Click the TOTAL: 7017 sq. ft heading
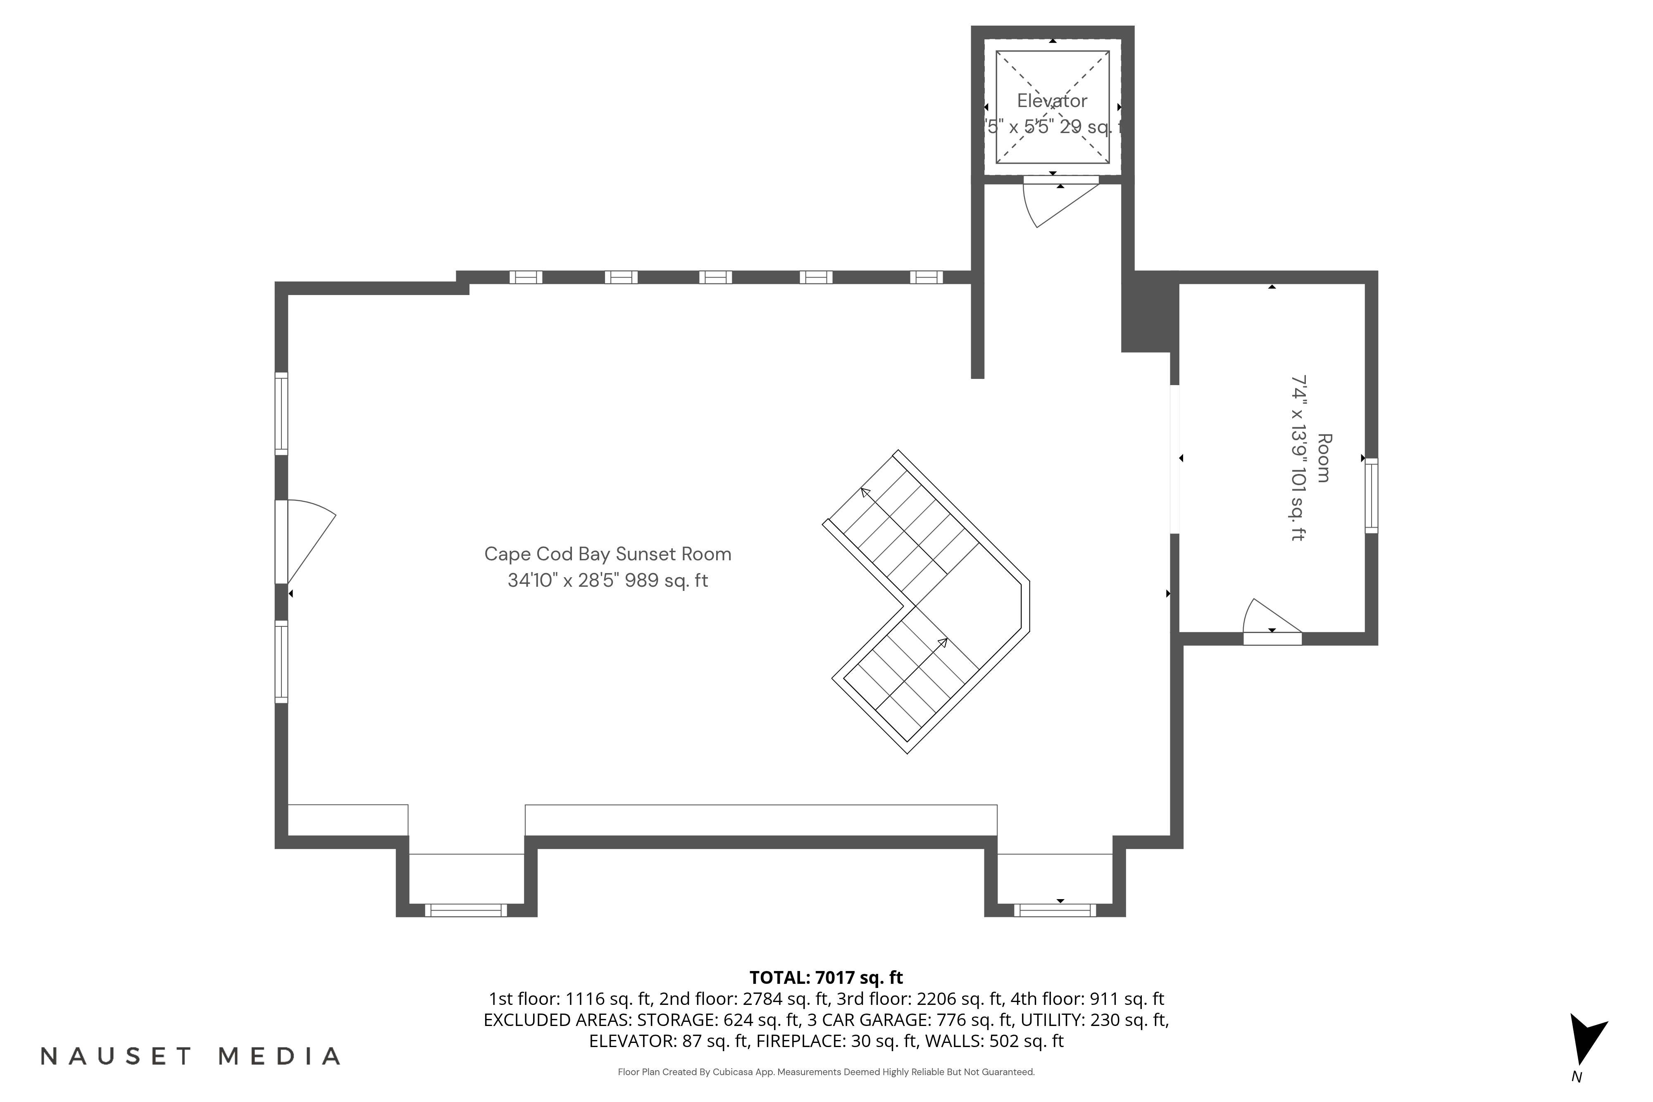click(826, 978)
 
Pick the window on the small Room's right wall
click(1370, 495)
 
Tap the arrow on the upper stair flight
click(866, 492)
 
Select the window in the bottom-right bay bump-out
click(1054, 910)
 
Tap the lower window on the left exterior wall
click(281, 662)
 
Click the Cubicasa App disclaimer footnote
click(826, 1072)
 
